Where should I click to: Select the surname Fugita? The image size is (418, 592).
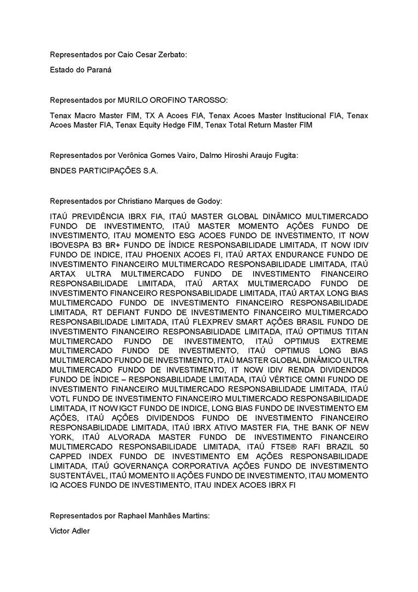pyautogui.click(x=285, y=156)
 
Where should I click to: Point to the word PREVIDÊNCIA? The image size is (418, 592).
pyautogui.click(x=101, y=217)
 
